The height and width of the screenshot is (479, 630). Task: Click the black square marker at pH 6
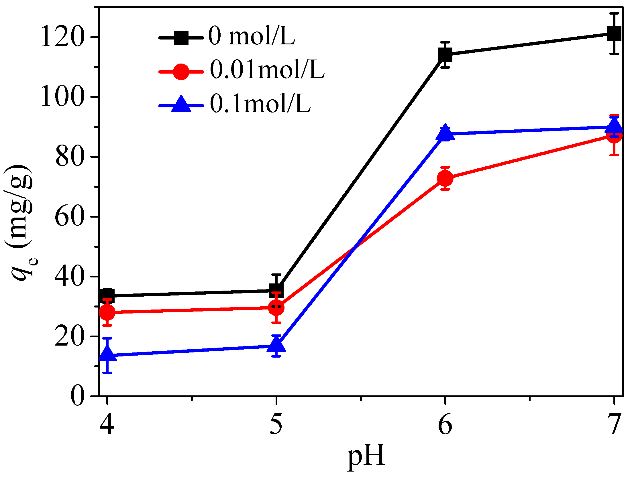coord(445,55)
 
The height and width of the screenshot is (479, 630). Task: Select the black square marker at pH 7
coord(614,33)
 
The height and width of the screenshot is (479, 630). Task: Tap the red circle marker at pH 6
coord(445,178)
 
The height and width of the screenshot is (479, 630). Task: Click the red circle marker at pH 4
coord(107,312)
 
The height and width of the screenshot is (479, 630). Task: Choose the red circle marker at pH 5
coord(276,308)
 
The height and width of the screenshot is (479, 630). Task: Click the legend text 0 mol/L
coord(252,36)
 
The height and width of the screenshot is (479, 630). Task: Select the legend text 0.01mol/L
coord(267,70)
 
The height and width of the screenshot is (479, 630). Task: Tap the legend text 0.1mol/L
coord(260,104)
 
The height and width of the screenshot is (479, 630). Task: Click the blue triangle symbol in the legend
coord(181,104)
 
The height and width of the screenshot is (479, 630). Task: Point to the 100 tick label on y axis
coord(62,97)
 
